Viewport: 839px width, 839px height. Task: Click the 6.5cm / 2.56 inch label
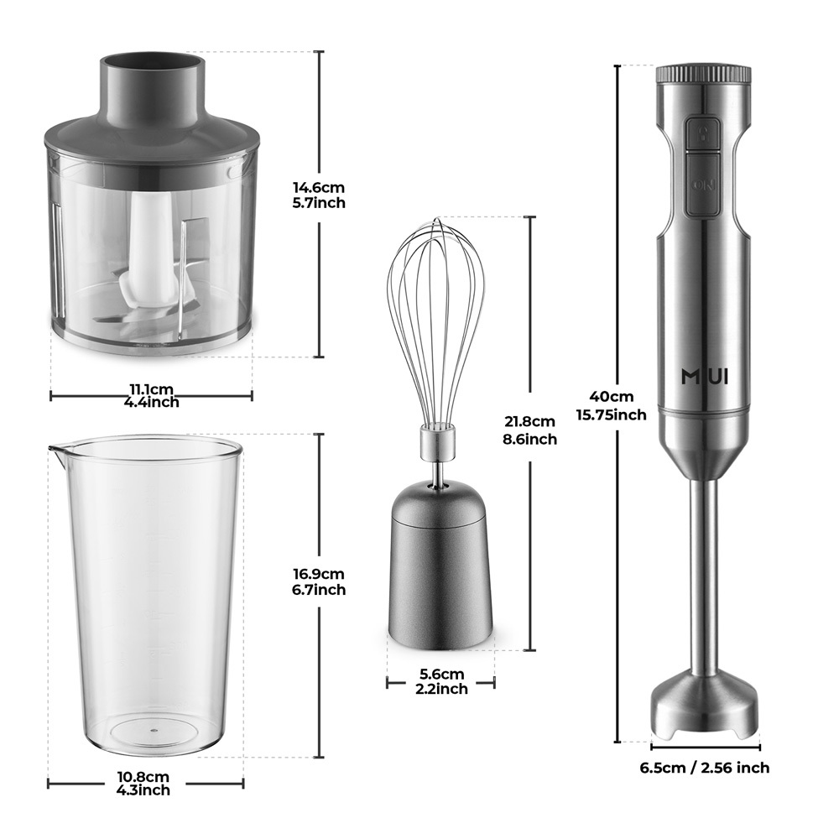point(705,768)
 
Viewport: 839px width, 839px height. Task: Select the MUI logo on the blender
point(705,378)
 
